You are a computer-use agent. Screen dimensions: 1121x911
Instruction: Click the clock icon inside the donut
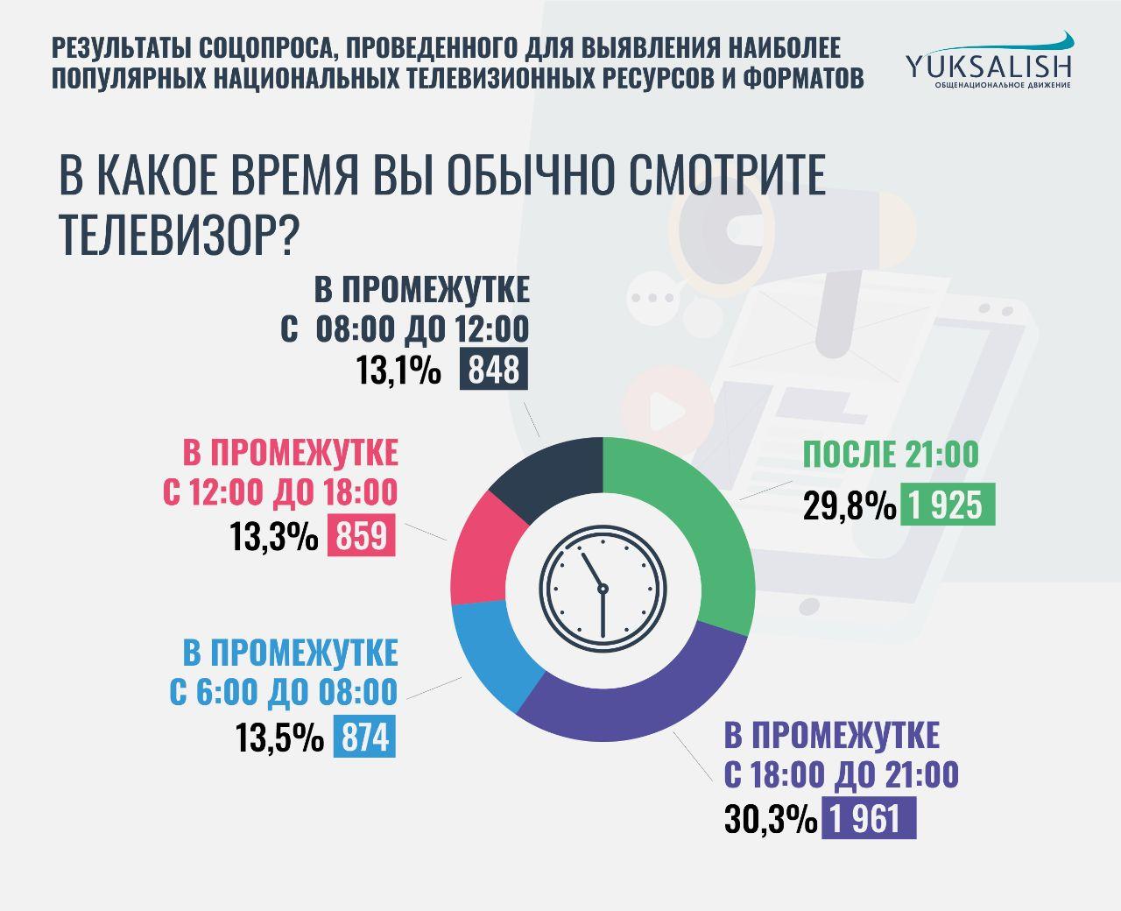603,589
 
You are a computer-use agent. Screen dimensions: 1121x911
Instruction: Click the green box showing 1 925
948,505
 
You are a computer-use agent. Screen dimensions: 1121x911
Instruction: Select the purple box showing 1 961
868,817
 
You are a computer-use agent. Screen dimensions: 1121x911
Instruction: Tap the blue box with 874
364,737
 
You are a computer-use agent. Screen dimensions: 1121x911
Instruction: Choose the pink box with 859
361,535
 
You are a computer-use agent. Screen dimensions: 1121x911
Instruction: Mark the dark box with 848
494,369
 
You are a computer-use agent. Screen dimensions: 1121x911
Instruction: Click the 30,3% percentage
771,818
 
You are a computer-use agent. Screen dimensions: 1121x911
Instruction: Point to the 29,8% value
850,505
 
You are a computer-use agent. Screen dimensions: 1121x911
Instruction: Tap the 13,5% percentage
279,738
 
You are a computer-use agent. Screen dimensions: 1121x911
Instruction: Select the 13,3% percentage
273,536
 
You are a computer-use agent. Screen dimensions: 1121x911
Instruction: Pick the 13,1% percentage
398,370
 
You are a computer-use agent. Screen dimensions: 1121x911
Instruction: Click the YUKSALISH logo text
989,67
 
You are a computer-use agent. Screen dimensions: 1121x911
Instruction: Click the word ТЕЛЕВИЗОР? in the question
178,235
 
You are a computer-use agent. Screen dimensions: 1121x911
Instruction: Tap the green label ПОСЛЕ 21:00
891,454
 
